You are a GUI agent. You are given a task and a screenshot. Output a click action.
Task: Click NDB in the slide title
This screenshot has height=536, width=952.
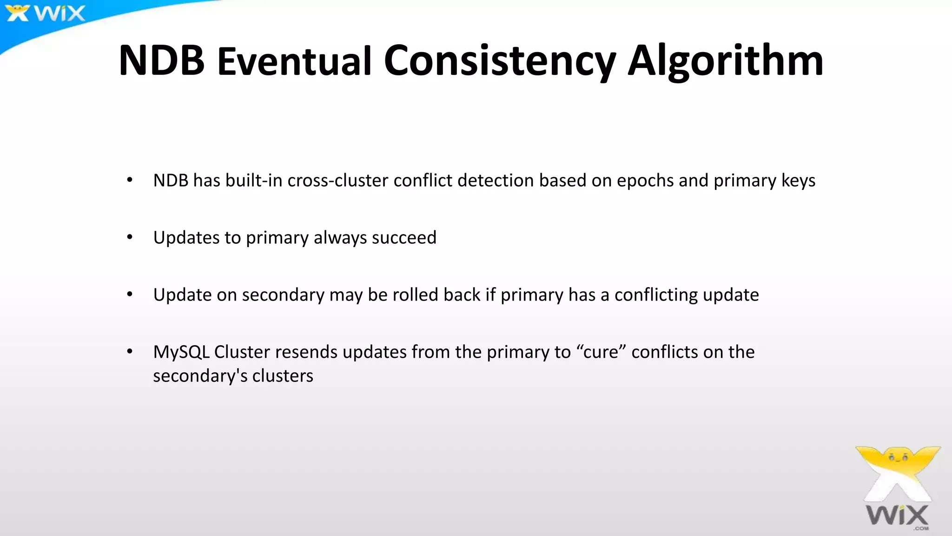pos(161,60)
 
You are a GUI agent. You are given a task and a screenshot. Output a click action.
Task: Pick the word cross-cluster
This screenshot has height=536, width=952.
pos(338,181)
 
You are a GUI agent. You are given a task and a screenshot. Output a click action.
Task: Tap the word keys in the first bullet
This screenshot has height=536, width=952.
pos(798,181)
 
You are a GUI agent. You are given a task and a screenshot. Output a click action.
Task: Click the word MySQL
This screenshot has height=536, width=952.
pos(181,352)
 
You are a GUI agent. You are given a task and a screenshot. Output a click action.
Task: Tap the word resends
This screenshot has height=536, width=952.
pos(306,352)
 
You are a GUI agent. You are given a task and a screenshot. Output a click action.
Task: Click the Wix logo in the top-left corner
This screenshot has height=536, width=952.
pos(46,13)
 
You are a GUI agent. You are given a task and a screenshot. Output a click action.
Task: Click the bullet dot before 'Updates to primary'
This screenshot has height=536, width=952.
pos(130,238)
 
